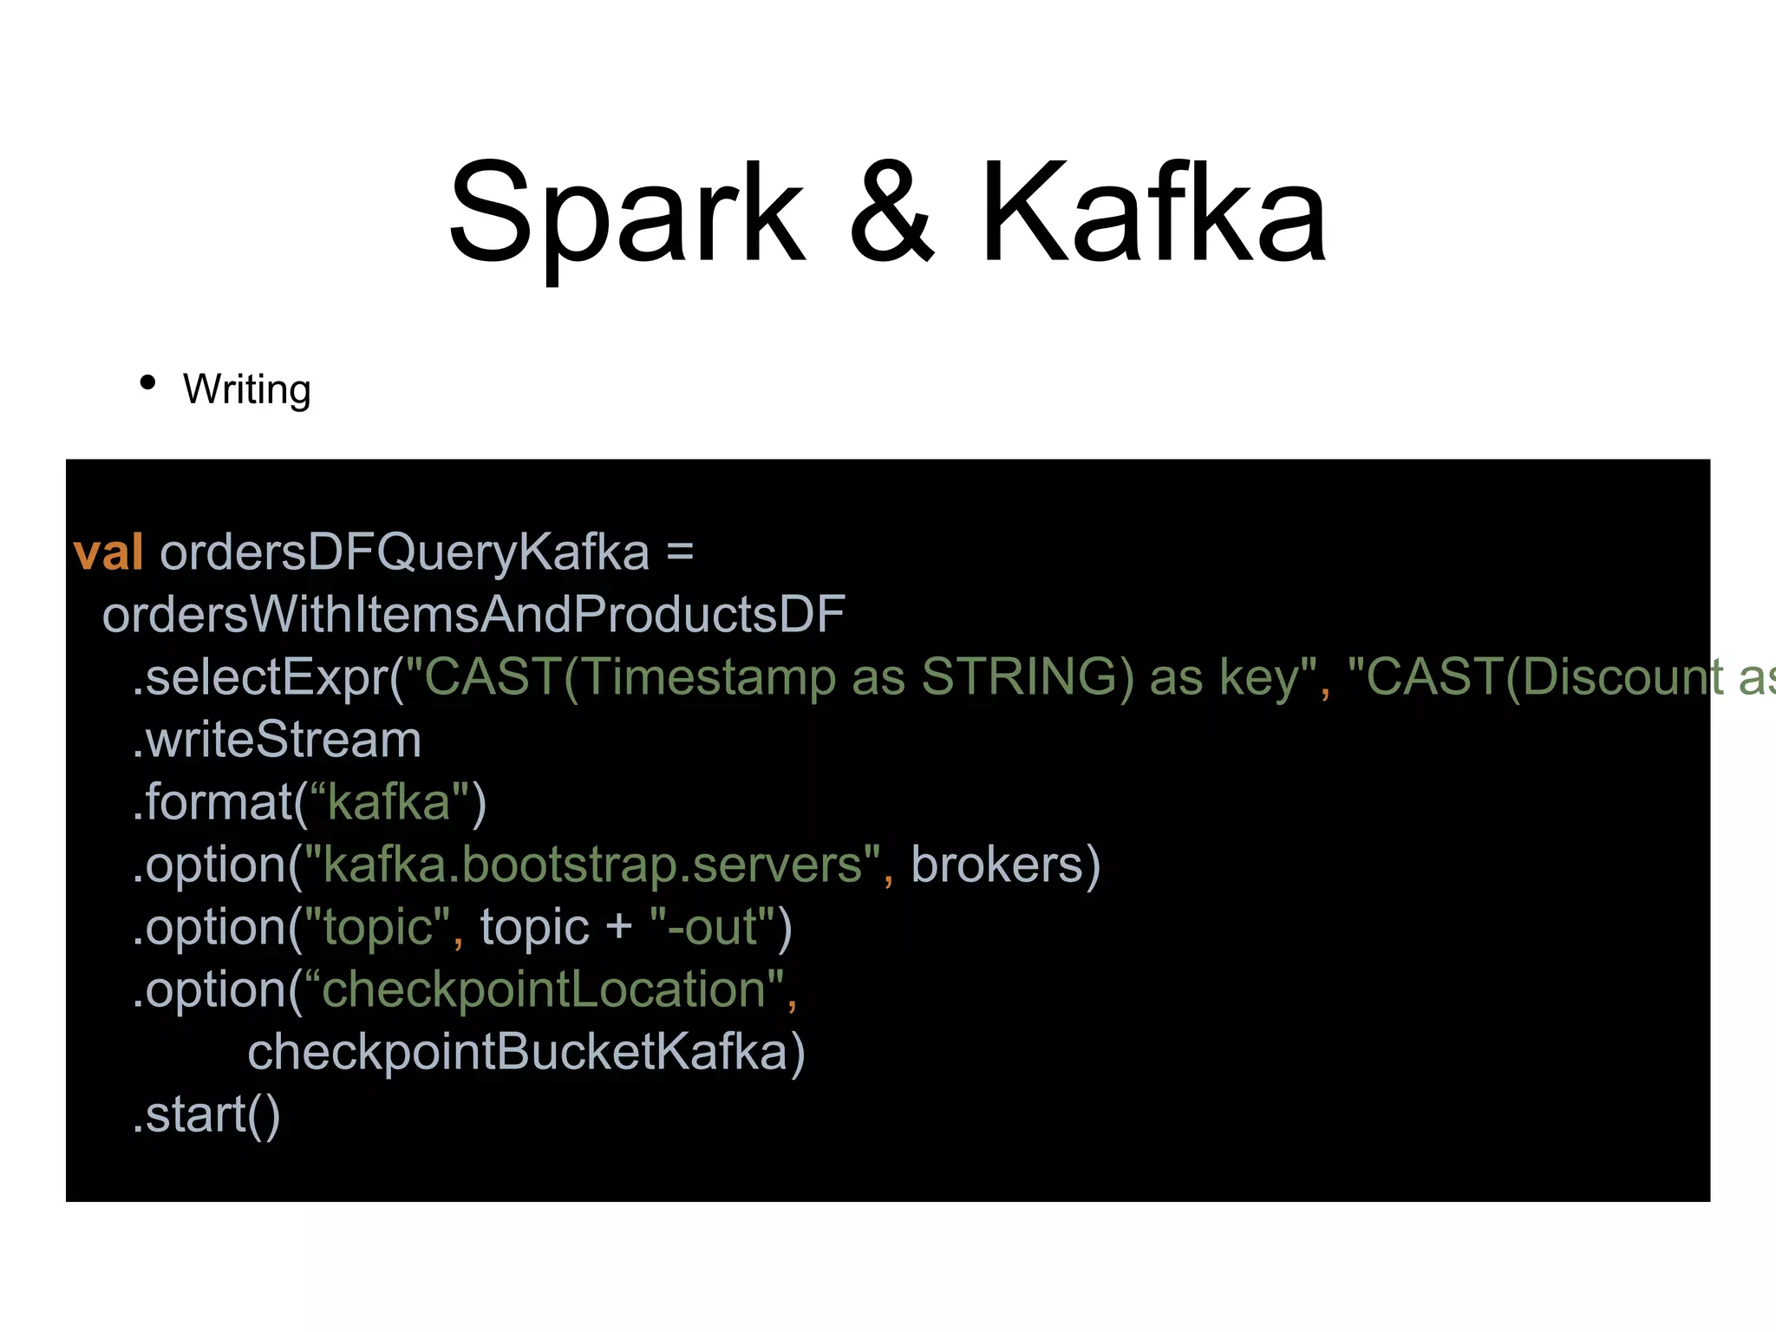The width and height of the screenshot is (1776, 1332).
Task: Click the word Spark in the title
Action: (x=626, y=213)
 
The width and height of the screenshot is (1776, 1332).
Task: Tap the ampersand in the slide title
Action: (x=891, y=213)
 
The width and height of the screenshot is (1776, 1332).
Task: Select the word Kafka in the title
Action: (x=1153, y=213)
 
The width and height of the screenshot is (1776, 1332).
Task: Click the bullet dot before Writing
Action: (x=147, y=382)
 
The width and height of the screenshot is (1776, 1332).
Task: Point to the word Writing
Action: (x=247, y=389)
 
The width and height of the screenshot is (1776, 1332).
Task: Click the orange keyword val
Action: (x=108, y=552)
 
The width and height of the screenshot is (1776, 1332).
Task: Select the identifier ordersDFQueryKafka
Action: (x=404, y=552)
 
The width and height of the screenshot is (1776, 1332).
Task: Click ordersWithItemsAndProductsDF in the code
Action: (x=473, y=615)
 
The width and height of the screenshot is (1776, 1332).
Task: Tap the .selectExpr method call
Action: (x=260, y=677)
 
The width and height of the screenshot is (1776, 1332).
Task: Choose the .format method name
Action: (x=212, y=802)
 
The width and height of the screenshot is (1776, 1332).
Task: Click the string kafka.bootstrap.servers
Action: (x=593, y=865)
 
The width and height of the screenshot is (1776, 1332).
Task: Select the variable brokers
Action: (x=997, y=865)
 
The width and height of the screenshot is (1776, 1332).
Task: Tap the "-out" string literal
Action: (x=712, y=927)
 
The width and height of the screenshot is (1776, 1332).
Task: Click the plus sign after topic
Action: (x=619, y=927)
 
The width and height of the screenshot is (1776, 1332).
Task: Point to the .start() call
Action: (x=206, y=1114)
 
